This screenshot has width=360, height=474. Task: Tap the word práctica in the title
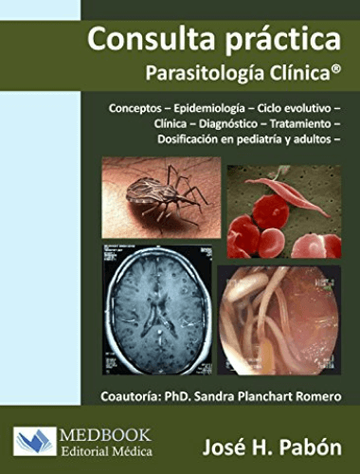[x=283, y=41]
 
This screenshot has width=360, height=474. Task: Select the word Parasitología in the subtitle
[x=205, y=73]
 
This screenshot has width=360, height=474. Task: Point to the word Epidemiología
[x=209, y=109]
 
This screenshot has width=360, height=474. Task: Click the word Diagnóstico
[x=228, y=124]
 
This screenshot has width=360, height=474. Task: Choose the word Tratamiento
[x=300, y=124]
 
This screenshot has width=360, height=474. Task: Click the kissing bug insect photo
[x=161, y=197]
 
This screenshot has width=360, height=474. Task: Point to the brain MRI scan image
[x=157, y=310]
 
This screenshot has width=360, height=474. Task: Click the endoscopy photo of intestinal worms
[x=279, y=319]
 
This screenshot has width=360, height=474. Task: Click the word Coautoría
[x=131, y=396]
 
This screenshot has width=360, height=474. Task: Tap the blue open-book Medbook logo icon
[x=35, y=441]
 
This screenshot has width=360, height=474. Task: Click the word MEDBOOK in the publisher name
[x=105, y=435]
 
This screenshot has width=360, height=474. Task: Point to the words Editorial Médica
[x=107, y=450]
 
